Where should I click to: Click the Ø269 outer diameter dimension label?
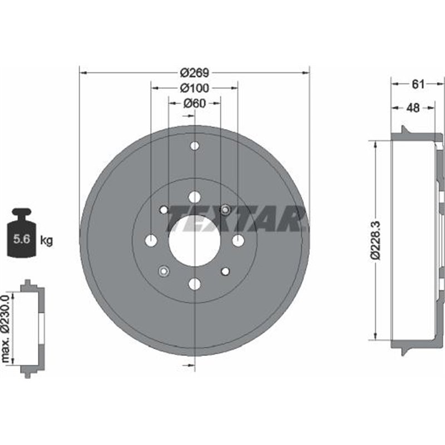[x=194, y=72]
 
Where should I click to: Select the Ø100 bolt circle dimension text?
[x=194, y=87]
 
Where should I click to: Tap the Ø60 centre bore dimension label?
[x=194, y=102]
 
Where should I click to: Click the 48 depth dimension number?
[x=413, y=108]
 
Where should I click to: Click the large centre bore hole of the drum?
[x=194, y=240]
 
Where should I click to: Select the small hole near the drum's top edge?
[x=194, y=146]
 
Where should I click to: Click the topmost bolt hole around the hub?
[x=194, y=197]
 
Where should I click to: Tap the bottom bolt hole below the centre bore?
[x=194, y=284]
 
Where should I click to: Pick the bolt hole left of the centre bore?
[x=151, y=240]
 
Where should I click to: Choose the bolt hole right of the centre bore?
[x=238, y=240]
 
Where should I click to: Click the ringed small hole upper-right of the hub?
[x=225, y=210]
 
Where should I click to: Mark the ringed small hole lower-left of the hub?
[x=164, y=271]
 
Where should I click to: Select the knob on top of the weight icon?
[x=23, y=213]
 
